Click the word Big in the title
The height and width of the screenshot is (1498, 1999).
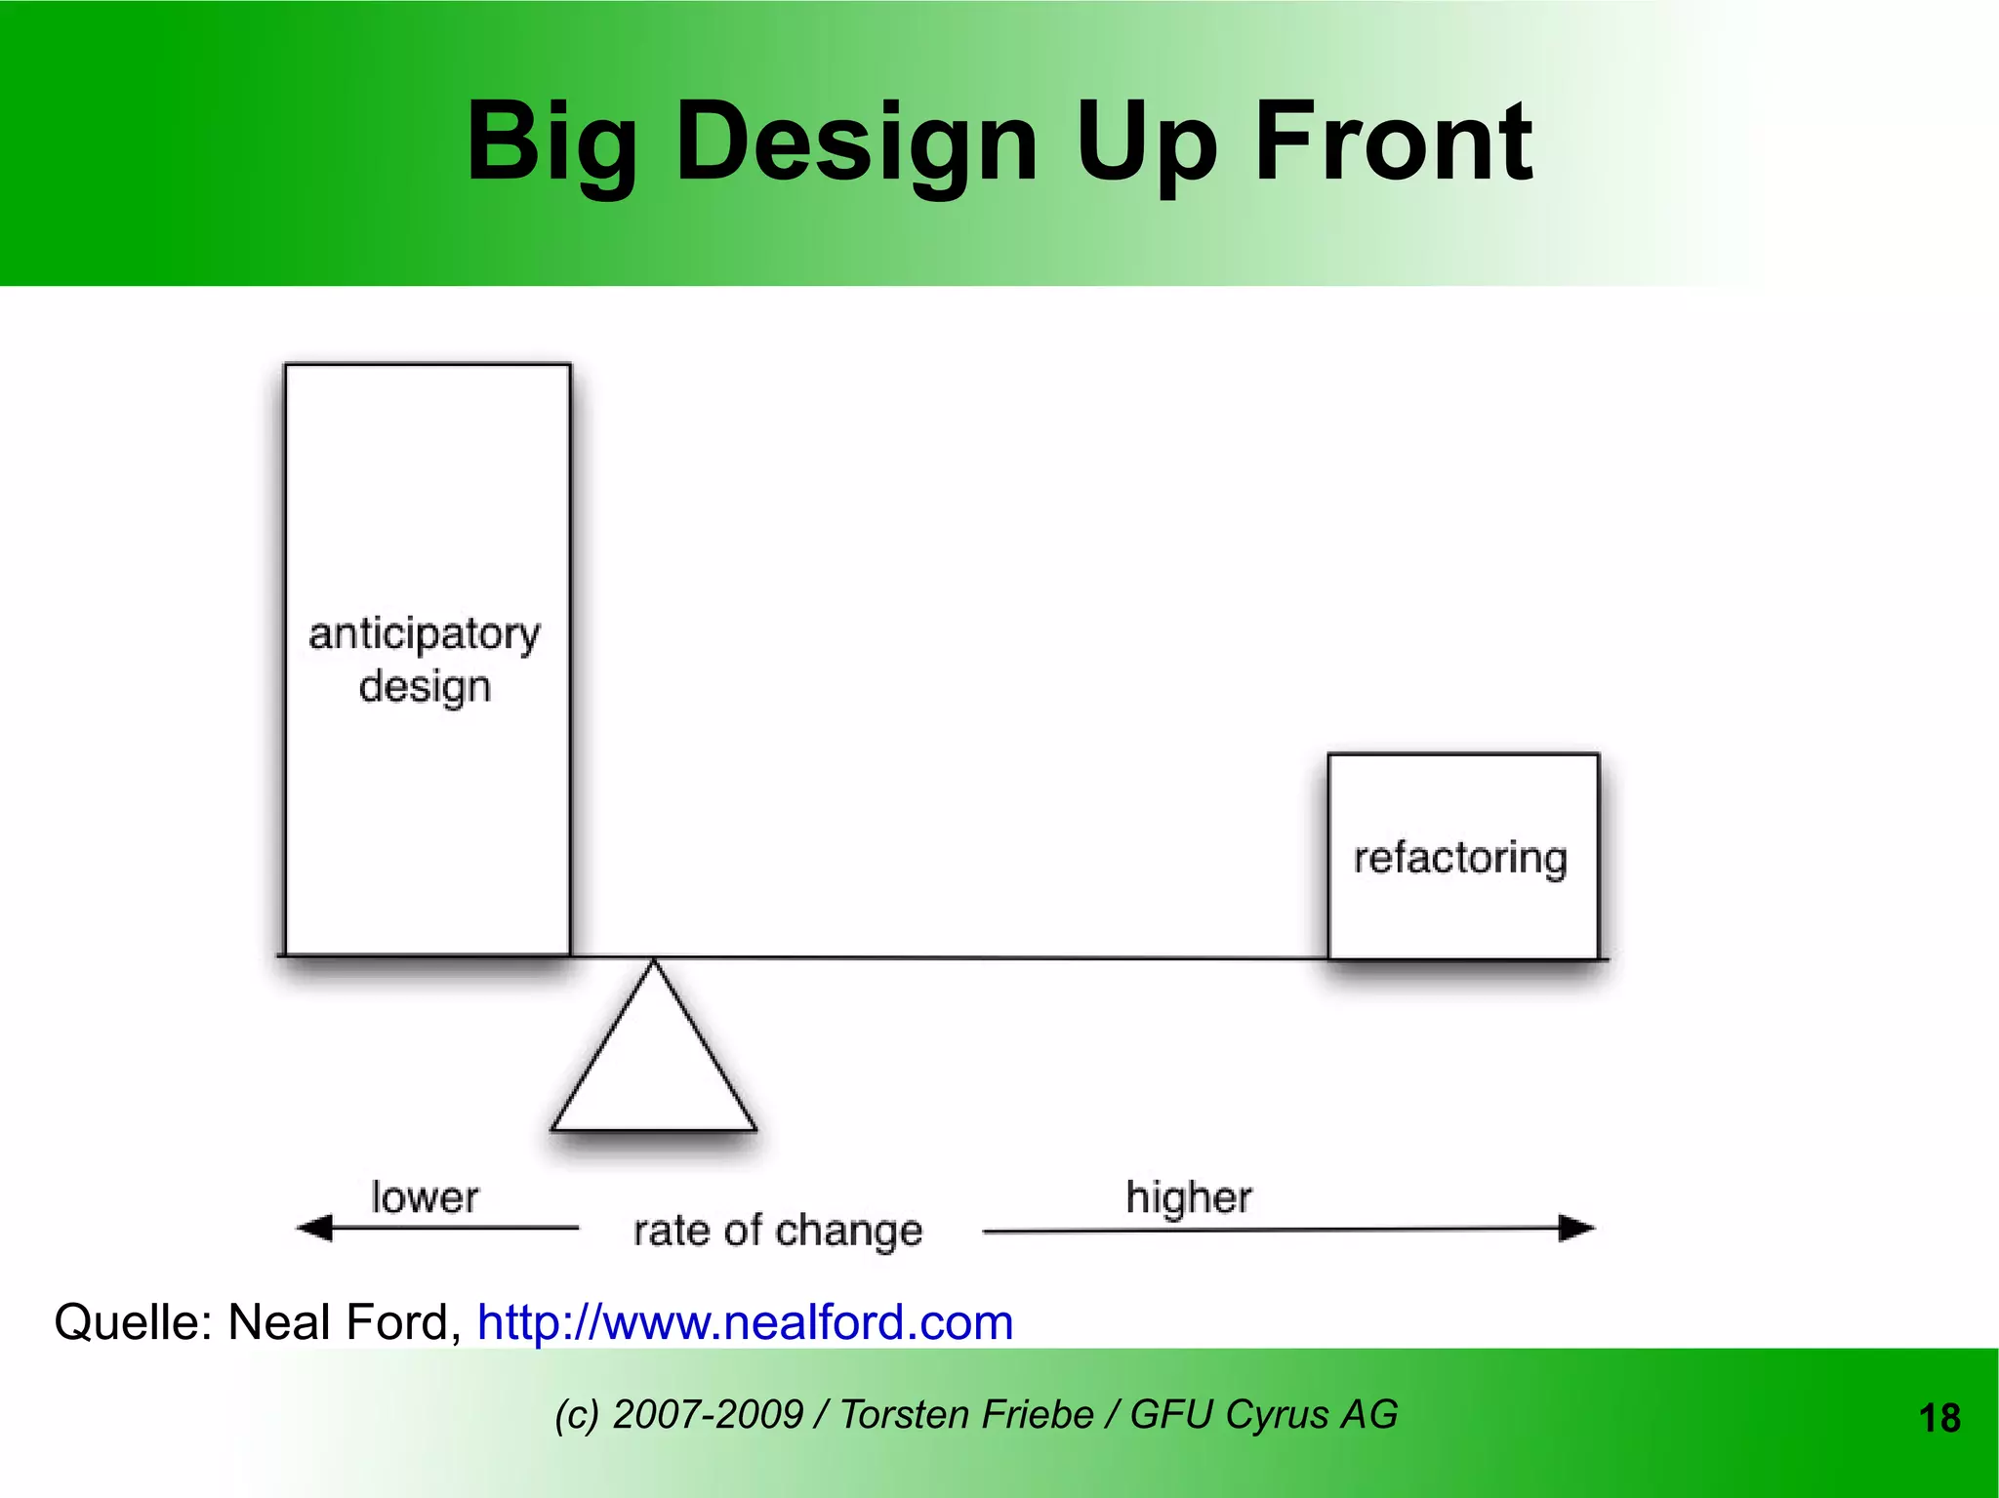tap(551, 144)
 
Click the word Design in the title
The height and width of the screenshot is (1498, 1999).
tap(856, 144)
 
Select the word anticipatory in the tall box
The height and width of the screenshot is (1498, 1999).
tap(425, 635)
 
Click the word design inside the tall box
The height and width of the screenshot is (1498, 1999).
tap(425, 687)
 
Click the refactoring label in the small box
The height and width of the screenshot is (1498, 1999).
tap(1460, 859)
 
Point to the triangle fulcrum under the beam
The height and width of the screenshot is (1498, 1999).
tap(654, 1064)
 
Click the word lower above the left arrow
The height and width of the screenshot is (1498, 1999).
tap(425, 1196)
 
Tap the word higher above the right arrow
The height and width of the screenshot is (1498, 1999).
tap(1188, 1197)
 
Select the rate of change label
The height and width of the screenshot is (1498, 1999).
tap(777, 1231)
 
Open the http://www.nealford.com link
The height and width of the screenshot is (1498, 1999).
tap(745, 1323)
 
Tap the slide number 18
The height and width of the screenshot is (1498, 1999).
tap(1939, 1418)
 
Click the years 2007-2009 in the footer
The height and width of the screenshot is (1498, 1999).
tap(708, 1414)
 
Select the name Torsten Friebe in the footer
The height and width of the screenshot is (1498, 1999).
tap(966, 1414)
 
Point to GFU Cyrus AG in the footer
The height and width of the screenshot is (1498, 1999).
tap(1264, 1414)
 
